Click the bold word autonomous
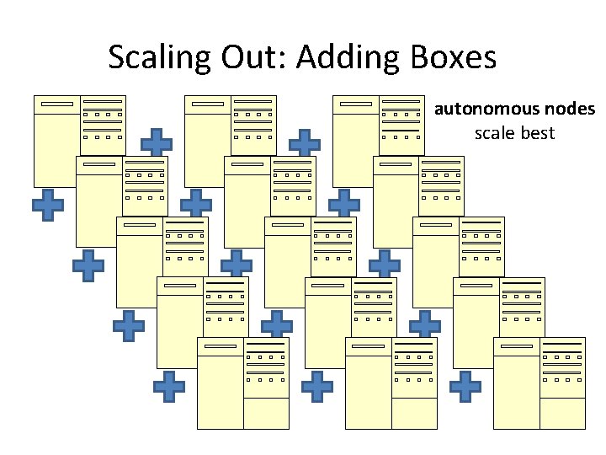pos(476,110)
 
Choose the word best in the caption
pos(539,133)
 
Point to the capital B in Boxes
pos(419,57)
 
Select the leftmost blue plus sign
pos(48,205)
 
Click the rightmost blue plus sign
pos(465,387)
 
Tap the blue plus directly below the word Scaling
pos(157,144)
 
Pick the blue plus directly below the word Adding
pos(305,144)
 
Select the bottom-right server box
pos(539,383)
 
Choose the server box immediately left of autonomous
pos(379,139)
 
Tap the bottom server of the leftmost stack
pos(242,383)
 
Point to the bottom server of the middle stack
pos(391,383)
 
